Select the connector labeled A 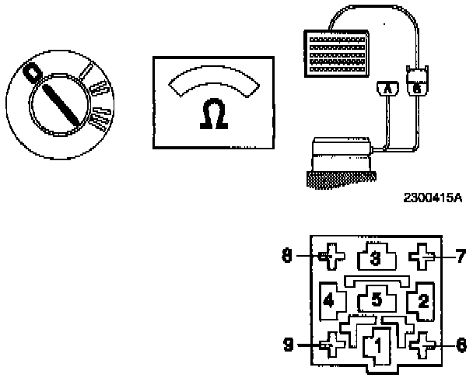(x=384, y=90)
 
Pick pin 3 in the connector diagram (x=375, y=257)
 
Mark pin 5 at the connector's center (x=376, y=299)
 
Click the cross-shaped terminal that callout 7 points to (x=423, y=255)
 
